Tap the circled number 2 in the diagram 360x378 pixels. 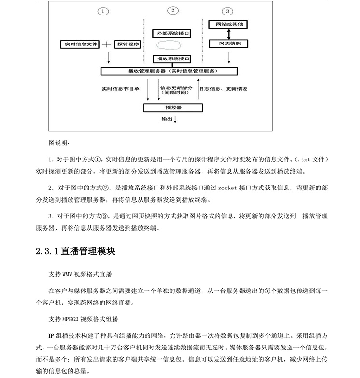coord(173,10)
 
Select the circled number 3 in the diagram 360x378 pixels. coord(227,11)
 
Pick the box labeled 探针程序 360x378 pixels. coord(128,44)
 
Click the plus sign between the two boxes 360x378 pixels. coord(107,44)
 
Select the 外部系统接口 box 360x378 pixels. coord(172,33)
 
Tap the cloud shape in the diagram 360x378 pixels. coord(169,45)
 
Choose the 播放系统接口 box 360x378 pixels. coord(172,58)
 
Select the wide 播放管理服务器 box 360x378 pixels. coord(169,71)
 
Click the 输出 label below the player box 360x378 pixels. coord(166,118)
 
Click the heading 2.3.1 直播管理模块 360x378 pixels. coord(75,252)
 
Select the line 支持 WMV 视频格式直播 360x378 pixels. coord(80,274)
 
